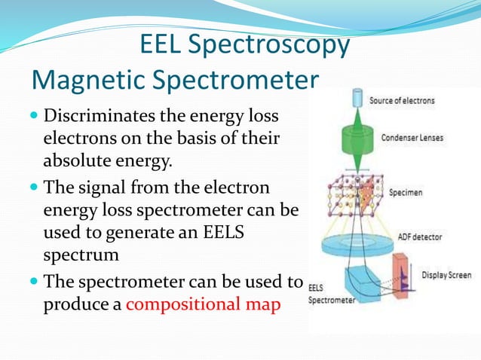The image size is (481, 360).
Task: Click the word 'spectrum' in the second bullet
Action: pyautogui.click(x=81, y=255)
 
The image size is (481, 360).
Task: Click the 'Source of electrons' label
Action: pyautogui.click(x=402, y=100)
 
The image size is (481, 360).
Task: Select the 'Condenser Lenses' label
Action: pyautogui.click(x=412, y=138)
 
